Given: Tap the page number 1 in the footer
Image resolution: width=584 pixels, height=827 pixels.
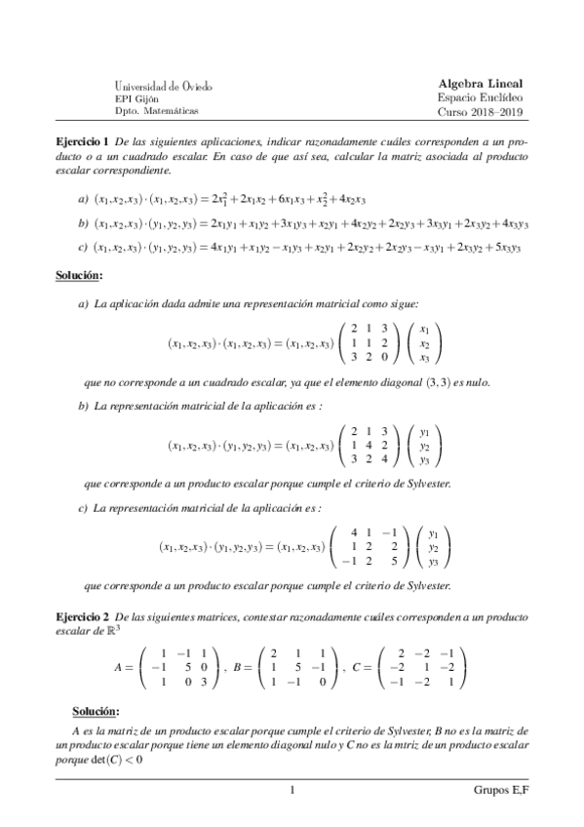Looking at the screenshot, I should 292,791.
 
